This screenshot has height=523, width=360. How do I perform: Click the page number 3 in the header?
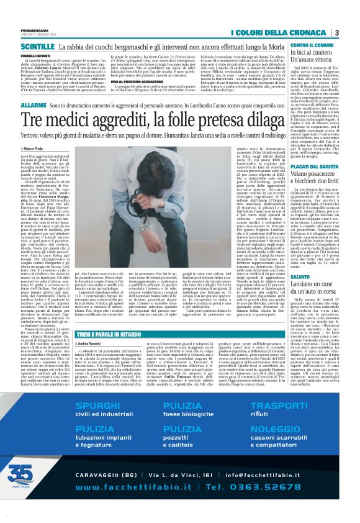[x=336, y=33]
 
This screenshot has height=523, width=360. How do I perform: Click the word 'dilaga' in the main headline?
[x=259, y=119]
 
